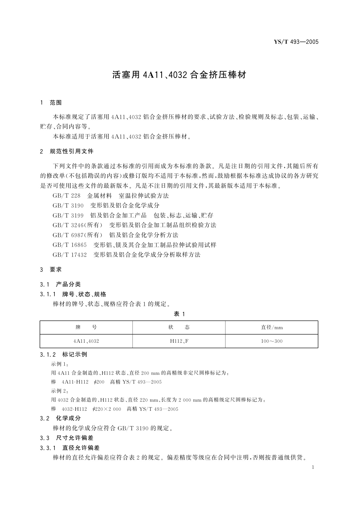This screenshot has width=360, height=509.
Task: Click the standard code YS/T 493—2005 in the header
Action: [x=296, y=42]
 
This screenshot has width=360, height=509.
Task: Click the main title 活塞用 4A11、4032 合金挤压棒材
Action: [x=180, y=75]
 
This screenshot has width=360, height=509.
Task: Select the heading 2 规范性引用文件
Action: [x=67, y=151]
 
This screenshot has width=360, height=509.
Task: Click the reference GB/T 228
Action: [x=66, y=196]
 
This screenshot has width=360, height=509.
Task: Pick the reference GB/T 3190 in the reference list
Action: [x=68, y=206]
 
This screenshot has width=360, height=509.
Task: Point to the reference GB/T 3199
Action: [x=68, y=216]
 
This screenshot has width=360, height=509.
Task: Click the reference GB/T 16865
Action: [x=70, y=245]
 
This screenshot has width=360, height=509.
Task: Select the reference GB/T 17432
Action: [x=70, y=255]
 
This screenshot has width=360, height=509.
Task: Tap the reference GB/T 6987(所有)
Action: [x=77, y=235]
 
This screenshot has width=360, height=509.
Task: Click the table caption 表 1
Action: [x=179, y=314]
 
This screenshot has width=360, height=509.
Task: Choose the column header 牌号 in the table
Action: [x=86, y=327]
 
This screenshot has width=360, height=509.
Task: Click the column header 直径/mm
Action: [x=272, y=327]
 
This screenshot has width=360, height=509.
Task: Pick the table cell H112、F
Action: [x=179, y=341]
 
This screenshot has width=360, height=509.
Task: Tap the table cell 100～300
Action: [x=272, y=341]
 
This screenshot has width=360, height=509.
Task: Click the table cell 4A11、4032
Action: [x=86, y=341]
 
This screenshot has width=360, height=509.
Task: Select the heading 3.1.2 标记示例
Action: [x=63, y=354]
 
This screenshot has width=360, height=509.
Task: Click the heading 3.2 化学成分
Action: [x=60, y=418]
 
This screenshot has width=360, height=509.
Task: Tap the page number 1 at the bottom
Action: [x=313, y=467]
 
